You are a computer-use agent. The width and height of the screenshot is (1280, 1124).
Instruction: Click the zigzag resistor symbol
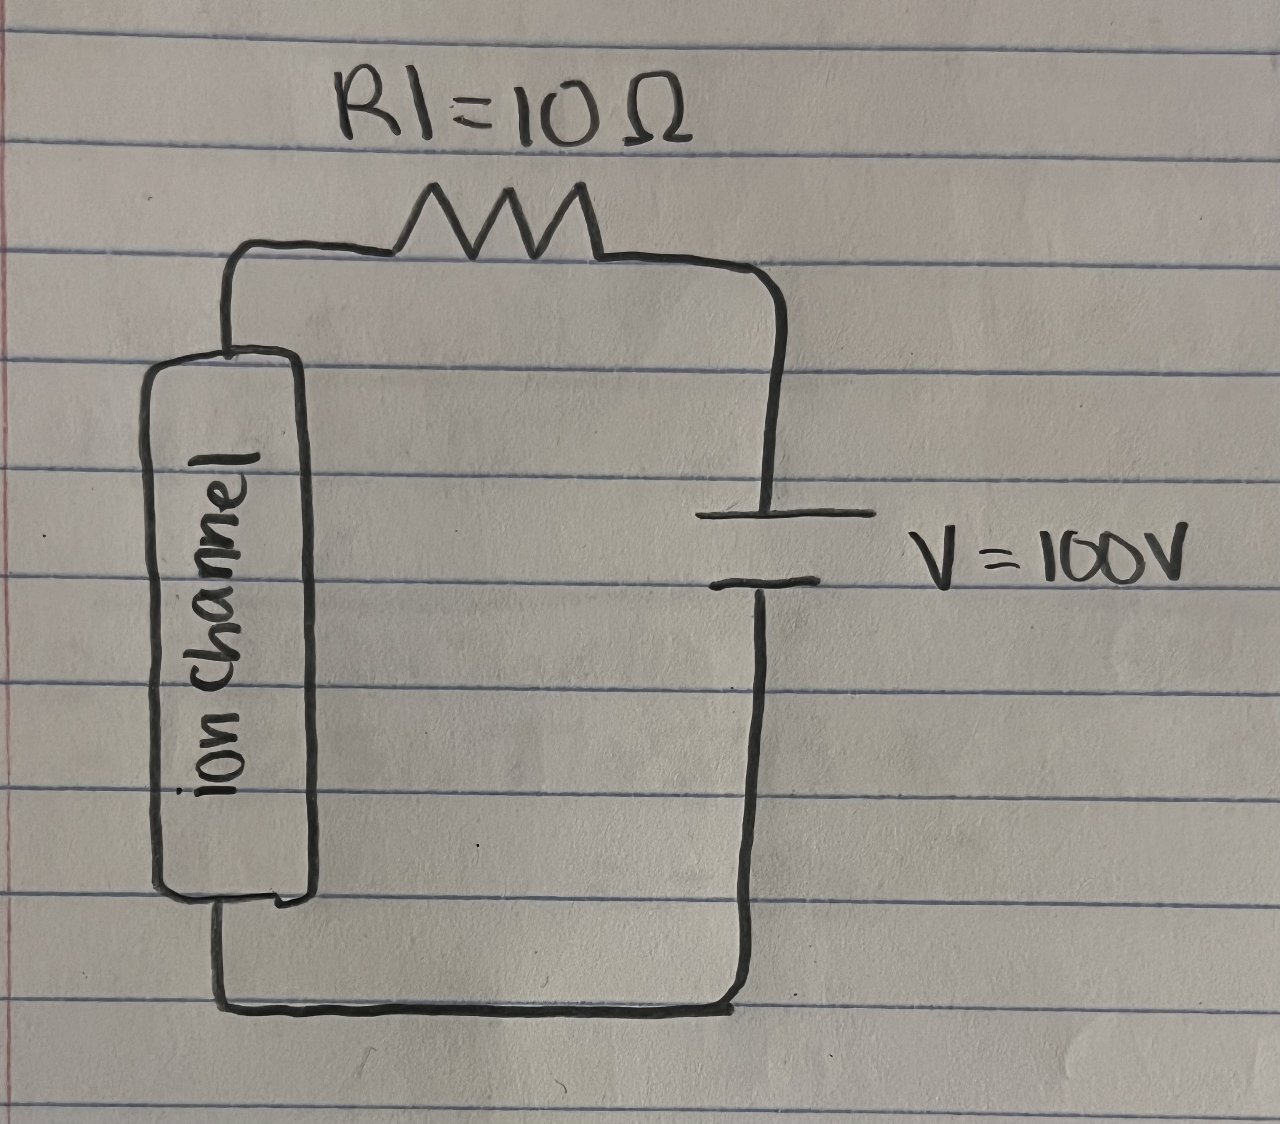pos(498,223)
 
